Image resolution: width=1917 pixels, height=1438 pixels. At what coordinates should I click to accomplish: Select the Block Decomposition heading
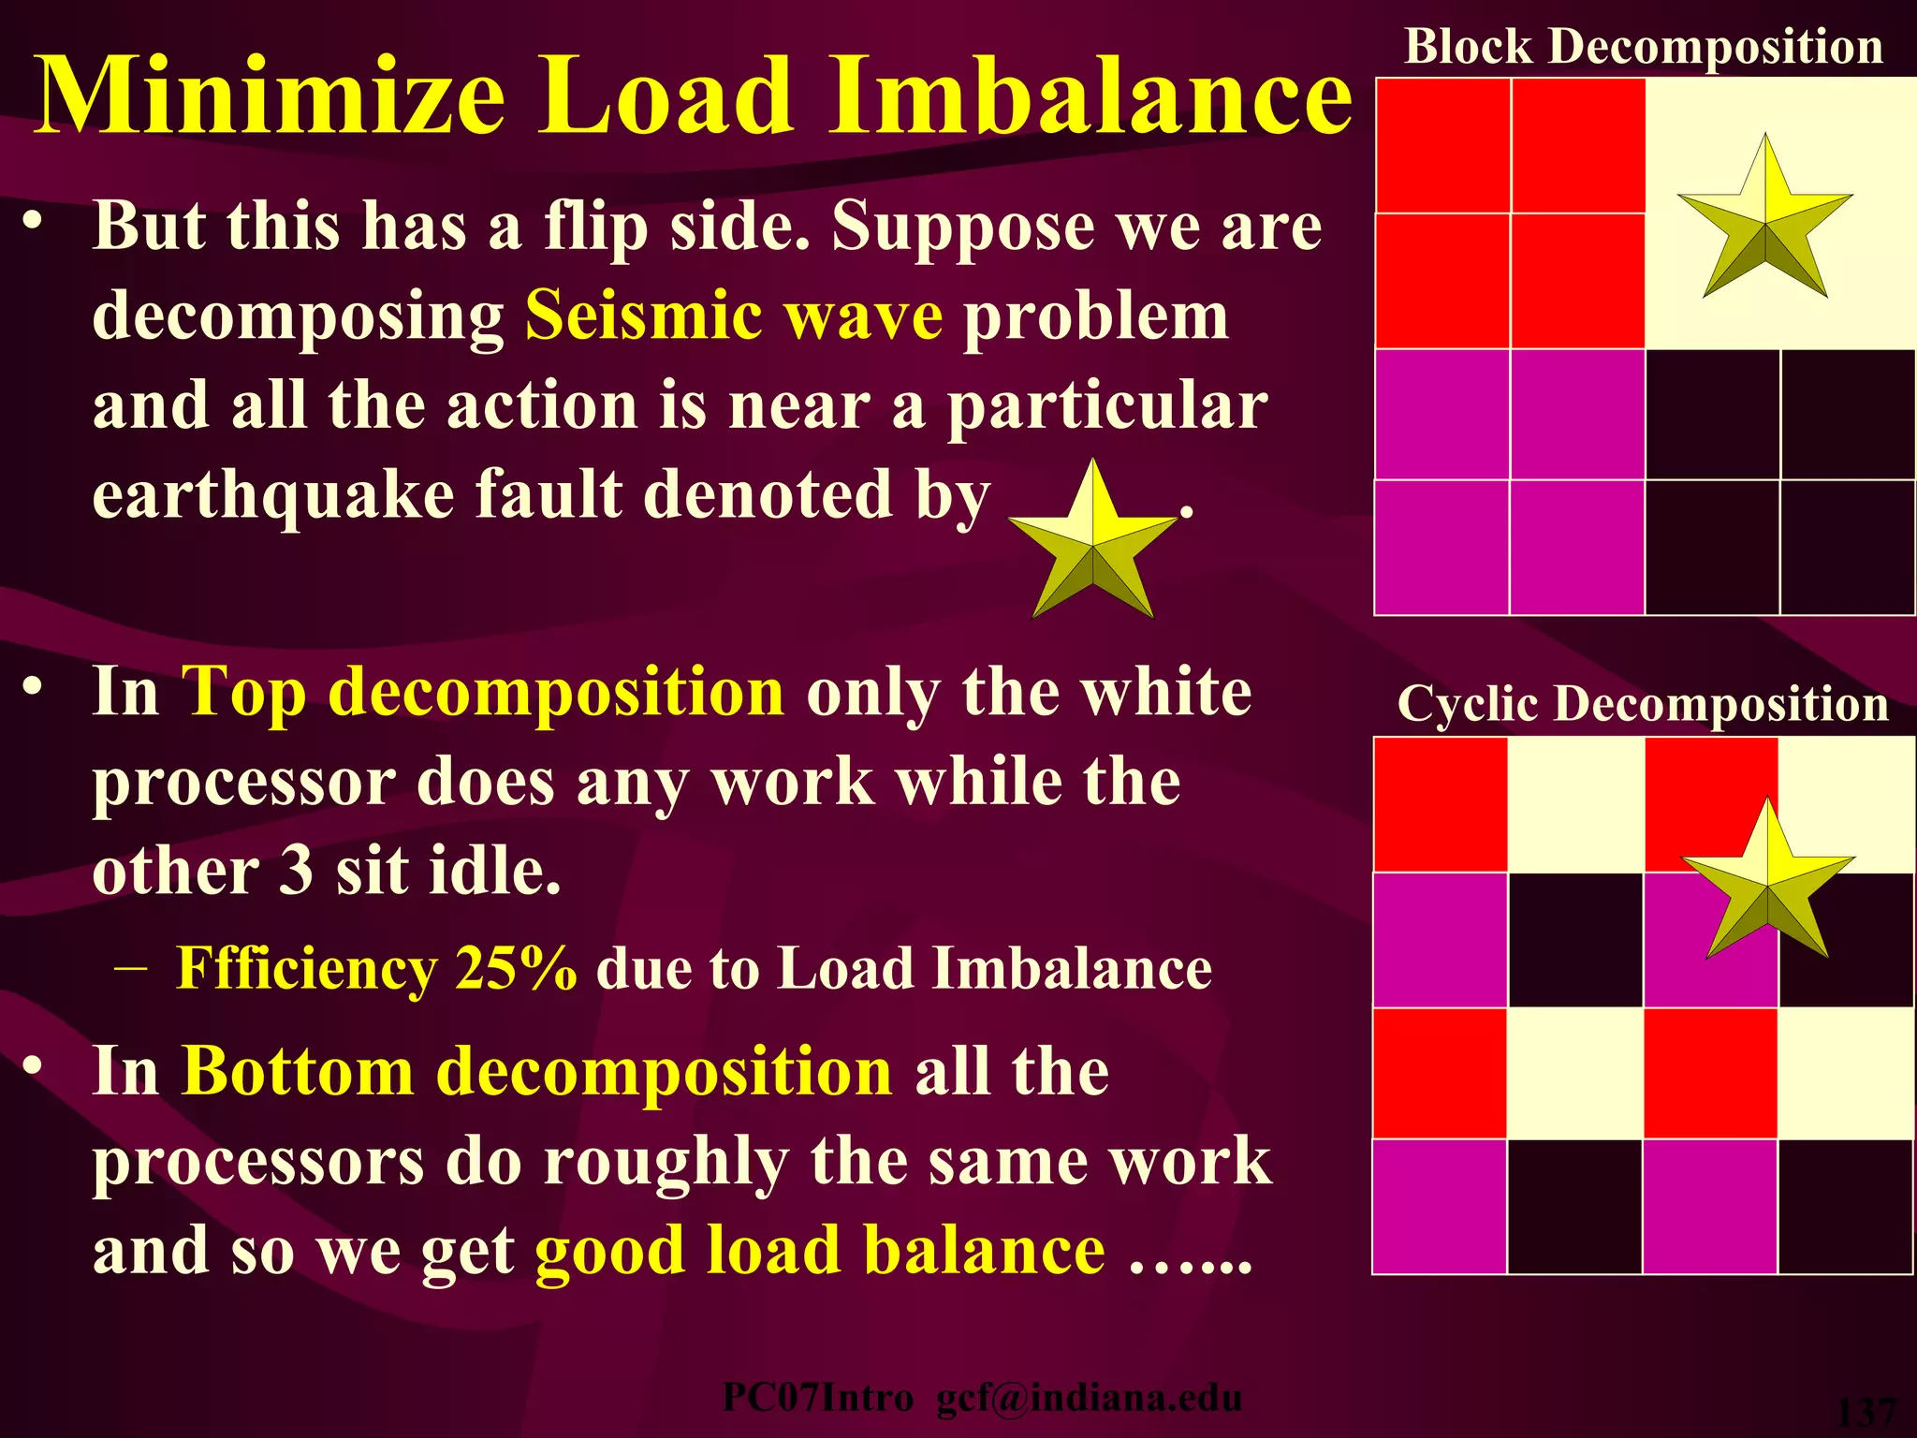tap(1644, 46)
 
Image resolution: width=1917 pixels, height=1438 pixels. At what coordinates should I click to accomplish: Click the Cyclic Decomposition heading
tap(1643, 703)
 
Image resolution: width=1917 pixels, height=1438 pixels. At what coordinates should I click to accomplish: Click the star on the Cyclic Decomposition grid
tap(1767, 885)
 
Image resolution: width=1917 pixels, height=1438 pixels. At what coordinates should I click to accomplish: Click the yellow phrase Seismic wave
tap(734, 315)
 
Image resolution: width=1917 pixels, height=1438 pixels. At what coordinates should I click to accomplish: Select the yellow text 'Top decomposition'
tap(483, 692)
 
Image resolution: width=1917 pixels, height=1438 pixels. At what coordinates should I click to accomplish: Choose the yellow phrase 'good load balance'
tap(820, 1251)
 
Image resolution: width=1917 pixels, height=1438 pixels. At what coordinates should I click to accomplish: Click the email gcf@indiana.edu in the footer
tap(1089, 1398)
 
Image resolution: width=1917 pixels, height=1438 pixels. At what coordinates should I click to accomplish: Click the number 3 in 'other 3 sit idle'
tap(296, 871)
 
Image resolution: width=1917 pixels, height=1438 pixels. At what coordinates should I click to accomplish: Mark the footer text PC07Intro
tap(817, 1398)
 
